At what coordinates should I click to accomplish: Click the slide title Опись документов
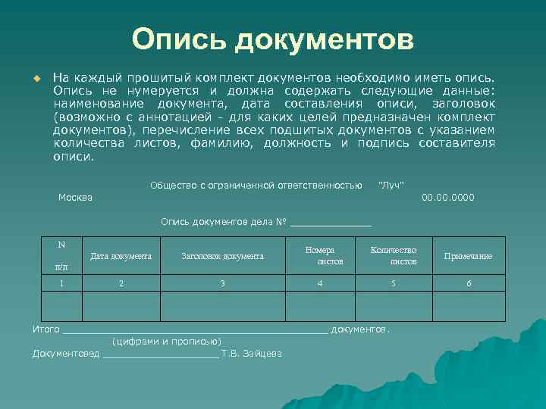point(273,39)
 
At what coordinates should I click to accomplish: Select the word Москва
point(76,198)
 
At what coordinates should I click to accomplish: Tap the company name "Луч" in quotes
point(391,186)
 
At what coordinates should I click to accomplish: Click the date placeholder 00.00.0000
point(447,198)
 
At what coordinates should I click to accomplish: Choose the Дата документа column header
point(121,256)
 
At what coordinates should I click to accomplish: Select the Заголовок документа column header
point(222,256)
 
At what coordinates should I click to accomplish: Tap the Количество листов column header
point(393,256)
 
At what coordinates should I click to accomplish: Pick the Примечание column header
point(468,256)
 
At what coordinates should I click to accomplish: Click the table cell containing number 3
point(222,283)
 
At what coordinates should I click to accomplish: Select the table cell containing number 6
point(468,283)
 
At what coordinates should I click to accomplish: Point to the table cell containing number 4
point(320,283)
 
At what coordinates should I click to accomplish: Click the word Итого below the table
point(45,329)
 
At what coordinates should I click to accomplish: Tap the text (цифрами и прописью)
point(167,341)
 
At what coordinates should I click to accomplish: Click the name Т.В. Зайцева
point(252,353)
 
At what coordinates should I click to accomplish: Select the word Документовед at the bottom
point(66,353)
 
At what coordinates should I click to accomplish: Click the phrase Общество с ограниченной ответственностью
point(256,186)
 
